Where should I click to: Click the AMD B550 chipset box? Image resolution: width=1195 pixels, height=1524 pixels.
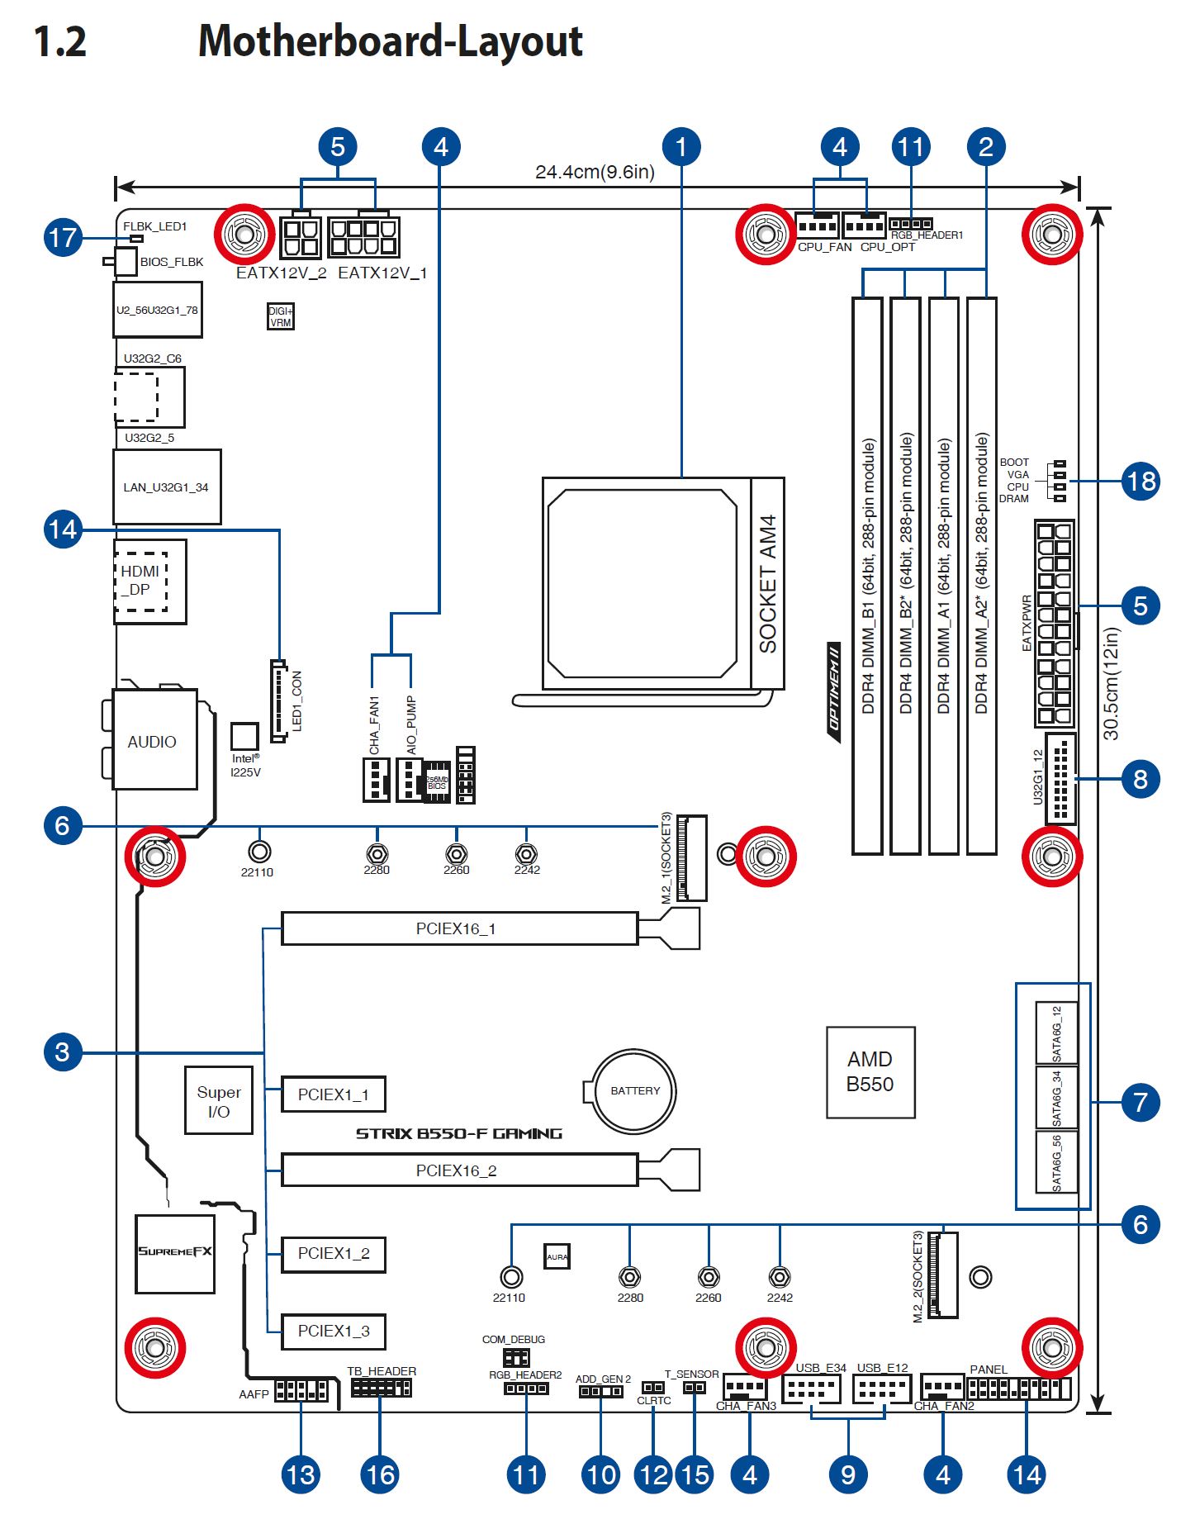(x=870, y=1071)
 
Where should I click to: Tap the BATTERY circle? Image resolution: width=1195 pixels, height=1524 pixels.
(x=634, y=1090)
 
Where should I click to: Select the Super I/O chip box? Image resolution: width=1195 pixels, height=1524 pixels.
(x=218, y=1100)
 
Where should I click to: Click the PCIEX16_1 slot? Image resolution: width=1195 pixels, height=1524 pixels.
(x=458, y=928)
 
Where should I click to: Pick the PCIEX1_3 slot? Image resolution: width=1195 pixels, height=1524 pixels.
(x=333, y=1331)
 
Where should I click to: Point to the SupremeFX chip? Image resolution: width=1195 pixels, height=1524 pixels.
(x=175, y=1252)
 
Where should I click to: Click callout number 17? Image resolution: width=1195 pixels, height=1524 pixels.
(x=63, y=238)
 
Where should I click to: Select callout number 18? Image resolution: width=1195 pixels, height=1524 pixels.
(x=1140, y=481)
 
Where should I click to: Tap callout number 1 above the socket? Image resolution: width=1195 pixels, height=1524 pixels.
(x=680, y=147)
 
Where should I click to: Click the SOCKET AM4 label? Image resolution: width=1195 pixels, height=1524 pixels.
(x=767, y=583)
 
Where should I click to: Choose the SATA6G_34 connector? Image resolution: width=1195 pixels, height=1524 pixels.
(x=1056, y=1097)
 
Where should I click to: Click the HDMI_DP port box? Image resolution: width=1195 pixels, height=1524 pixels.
(x=149, y=581)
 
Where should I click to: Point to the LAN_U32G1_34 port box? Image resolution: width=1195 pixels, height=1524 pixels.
(x=166, y=487)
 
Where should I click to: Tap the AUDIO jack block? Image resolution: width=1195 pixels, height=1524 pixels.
(x=154, y=740)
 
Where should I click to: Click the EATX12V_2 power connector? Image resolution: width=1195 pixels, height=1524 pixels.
(x=301, y=238)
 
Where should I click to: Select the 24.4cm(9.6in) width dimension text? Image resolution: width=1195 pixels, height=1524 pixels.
(x=595, y=172)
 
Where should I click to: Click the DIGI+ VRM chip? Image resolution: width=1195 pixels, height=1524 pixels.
(x=281, y=316)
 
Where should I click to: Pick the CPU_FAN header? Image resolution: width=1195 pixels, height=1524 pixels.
(x=817, y=226)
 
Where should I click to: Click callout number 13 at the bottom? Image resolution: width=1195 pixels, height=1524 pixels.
(x=300, y=1474)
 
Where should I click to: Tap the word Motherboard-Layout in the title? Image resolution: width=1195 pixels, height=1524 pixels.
(x=390, y=41)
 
